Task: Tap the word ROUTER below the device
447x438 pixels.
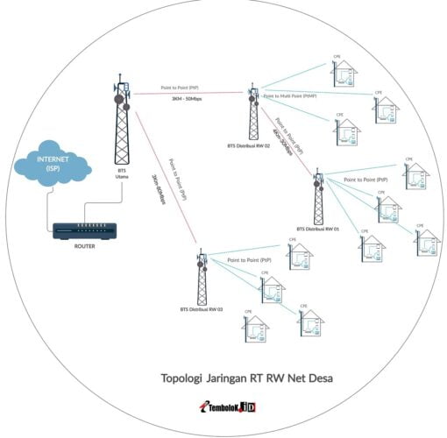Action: tap(85, 247)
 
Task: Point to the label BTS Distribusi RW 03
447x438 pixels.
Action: tap(202, 309)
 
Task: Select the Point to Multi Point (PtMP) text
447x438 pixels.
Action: tap(289, 95)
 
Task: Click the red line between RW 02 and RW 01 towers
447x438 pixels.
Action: tap(286, 141)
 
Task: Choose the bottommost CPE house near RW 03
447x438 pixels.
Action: tap(255, 328)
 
